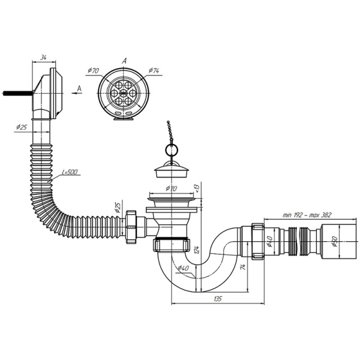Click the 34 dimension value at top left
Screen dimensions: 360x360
(43, 58)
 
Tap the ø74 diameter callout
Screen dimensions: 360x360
(154, 70)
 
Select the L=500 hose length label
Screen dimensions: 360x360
(70, 172)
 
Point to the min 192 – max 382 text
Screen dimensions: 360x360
(307, 215)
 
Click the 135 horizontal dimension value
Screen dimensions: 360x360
(218, 299)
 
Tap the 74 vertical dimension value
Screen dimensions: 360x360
(244, 267)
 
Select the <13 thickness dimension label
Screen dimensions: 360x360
(197, 188)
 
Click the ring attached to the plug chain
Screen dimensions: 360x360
(172, 151)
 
